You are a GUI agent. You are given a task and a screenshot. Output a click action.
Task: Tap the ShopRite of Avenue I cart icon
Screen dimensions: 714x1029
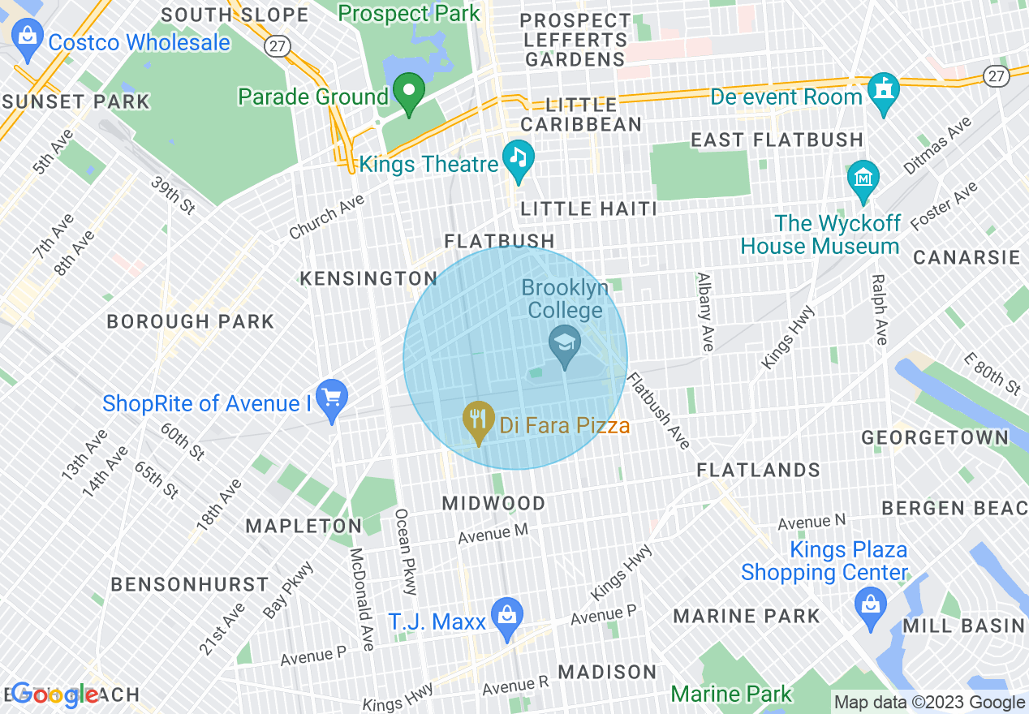click(x=331, y=398)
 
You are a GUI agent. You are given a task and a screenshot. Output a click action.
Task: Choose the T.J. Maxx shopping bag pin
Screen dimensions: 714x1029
click(x=506, y=617)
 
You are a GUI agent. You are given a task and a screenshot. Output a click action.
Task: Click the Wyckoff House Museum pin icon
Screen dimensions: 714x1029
click(x=863, y=179)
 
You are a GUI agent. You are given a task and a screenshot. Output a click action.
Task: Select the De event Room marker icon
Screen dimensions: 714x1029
click(x=883, y=90)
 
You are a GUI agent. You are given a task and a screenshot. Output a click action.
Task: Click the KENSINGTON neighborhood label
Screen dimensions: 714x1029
click(x=368, y=279)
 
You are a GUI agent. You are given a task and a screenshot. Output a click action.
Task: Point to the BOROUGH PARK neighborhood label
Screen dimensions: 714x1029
click(x=191, y=322)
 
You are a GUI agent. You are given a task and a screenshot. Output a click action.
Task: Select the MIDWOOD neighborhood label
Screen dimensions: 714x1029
click(x=493, y=504)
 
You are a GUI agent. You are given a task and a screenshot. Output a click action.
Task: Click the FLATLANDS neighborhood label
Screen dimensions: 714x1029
click(x=759, y=471)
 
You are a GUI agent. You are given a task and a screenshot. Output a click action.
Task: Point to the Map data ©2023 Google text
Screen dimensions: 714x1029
click(x=930, y=703)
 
